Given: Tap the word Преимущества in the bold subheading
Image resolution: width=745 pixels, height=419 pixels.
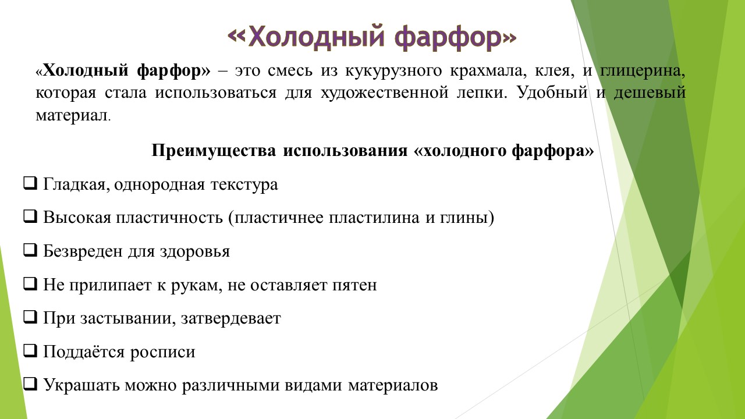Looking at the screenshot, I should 214,151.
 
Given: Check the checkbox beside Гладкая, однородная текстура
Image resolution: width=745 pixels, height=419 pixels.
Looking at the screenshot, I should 30,184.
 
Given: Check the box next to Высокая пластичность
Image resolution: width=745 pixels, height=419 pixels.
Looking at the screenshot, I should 30,218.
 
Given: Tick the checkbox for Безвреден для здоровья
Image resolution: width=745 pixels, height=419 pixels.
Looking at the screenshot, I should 30,251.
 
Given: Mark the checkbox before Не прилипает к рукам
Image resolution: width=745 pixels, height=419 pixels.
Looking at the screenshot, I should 30,285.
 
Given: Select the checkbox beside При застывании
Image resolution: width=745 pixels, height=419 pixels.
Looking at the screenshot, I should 30,318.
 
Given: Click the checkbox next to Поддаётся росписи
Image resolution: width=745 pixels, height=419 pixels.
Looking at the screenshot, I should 30,351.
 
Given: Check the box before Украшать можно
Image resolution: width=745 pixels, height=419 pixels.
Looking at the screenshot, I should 30,385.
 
